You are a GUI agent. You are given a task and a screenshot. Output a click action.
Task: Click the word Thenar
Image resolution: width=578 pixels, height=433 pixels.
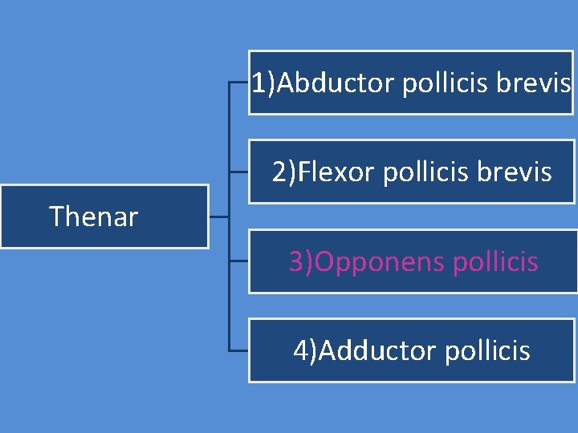coord(93,216)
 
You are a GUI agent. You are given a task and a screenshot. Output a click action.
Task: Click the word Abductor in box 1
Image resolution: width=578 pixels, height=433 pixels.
coord(336,83)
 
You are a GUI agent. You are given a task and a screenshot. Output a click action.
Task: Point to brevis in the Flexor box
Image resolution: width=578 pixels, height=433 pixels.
coord(521,172)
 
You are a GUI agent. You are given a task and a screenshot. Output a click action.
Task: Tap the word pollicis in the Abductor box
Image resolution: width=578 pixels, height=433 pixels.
coord(445,83)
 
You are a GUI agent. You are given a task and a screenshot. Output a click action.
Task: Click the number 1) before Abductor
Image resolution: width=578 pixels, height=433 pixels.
coord(263,83)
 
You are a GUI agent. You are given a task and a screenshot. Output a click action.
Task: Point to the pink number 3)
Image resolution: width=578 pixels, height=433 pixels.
coord(302,261)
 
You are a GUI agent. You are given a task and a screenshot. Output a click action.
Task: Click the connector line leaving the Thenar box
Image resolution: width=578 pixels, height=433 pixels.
coord(218,216)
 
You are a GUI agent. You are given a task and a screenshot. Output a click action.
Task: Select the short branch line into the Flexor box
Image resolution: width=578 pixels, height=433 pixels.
coord(238,172)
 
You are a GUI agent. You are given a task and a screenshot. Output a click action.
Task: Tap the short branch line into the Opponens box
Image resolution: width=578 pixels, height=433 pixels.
coord(238,261)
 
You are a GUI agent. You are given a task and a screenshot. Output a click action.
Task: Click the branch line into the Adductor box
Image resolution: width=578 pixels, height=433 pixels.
coord(238,350)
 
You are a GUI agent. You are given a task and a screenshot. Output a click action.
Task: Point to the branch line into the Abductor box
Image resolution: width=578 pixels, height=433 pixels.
coord(238,82)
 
